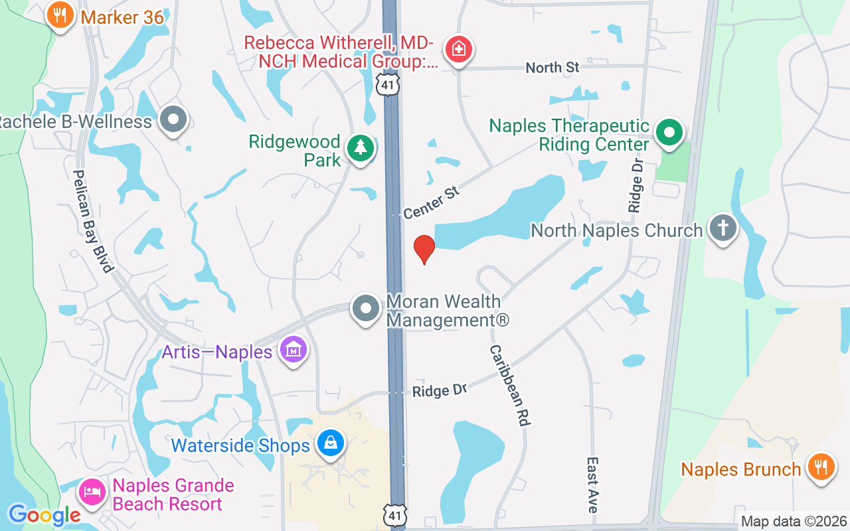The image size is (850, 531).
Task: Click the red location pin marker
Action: (424, 249)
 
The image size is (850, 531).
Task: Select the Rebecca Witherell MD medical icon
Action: (458, 49)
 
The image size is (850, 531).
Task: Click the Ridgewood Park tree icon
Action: (360, 147)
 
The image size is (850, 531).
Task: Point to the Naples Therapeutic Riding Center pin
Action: (669, 133)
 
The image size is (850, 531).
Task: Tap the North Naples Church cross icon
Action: (722, 228)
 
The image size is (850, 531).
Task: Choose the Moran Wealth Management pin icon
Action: (365, 309)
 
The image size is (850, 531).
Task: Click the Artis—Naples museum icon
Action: (293, 349)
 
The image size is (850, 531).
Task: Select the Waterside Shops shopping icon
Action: (329, 443)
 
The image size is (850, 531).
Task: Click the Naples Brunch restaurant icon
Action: (820, 467)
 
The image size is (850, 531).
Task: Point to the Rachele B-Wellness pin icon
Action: (175, 120)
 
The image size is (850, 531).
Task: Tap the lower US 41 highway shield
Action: (396, 515)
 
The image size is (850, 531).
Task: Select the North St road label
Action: (552, 68)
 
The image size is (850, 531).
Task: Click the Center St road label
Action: (431, 203)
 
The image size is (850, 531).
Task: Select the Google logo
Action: (44, 515)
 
